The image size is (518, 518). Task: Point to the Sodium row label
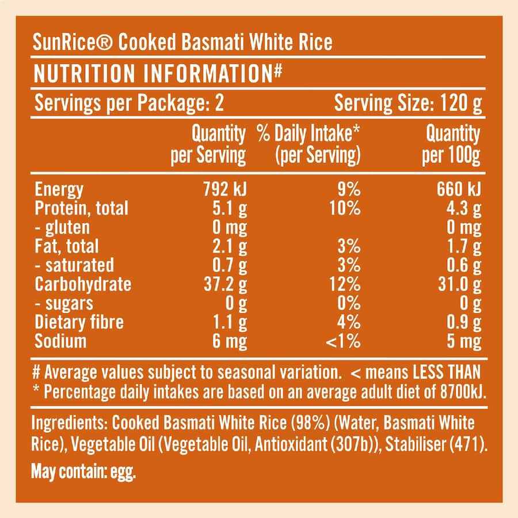[x=60, y=341]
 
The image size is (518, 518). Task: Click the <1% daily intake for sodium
[x=344, y=341]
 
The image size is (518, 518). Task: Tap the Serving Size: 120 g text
[x=408, y=104]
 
